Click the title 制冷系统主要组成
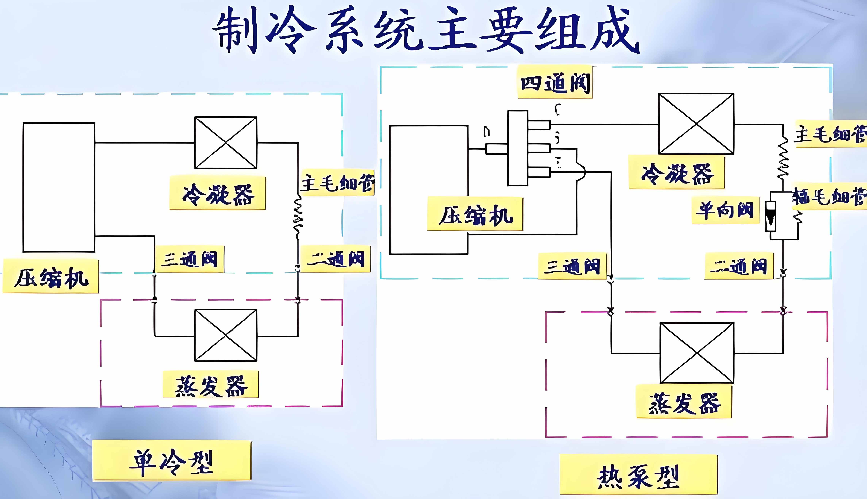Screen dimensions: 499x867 [x=426, y=31]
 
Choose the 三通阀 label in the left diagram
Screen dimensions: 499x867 [x=190, y=259]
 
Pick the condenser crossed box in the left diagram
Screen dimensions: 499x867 [x=225, y=143]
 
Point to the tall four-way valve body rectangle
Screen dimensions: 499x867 [x=518, y=148]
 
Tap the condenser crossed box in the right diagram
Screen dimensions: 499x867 [x=696, y=124]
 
